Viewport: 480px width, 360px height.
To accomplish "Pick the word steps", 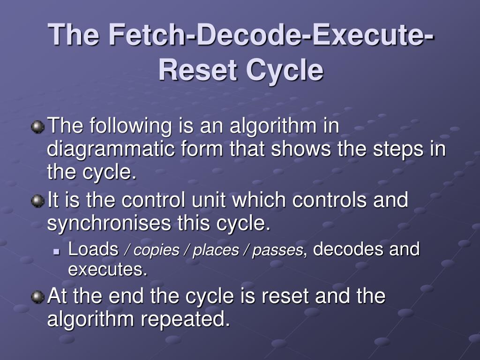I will [x=393, y=150].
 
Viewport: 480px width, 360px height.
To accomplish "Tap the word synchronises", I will [x=109, y=224].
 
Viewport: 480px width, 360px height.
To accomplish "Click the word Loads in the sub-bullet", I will [x=93, y=249].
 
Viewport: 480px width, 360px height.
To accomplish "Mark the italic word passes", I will [x=277, y=251].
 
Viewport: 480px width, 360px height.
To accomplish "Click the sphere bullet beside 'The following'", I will [x=37, y=127].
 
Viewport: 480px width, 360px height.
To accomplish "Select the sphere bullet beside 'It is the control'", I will [x=37, y=201].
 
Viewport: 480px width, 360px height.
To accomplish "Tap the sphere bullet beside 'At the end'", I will [x=37, y=297].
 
